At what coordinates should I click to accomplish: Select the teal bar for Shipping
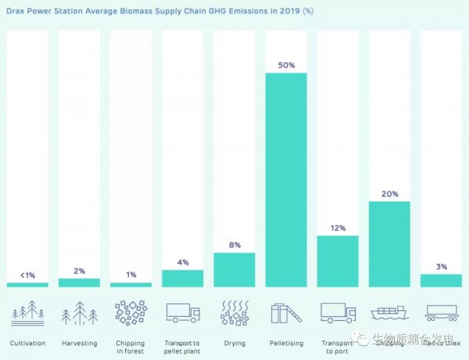click(389, 244)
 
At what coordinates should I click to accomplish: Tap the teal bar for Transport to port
click(338, 261)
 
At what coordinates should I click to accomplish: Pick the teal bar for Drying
click(234, 269)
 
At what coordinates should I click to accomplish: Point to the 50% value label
click(285, 66)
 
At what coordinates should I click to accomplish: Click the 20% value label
click(389, 194)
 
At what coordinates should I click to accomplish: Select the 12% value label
click(338, 228)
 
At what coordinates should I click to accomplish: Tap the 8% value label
click(234, 245)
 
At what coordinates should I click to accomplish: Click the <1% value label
click(27, 275)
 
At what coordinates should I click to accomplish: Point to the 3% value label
click(441, 266)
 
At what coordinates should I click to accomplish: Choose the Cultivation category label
click(27, 343)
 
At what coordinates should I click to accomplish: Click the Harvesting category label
click(79, 343)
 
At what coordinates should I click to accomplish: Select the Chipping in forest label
click(131, 347)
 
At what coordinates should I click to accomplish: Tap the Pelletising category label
click(285, 343)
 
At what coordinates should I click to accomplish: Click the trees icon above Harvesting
click(79, 312)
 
